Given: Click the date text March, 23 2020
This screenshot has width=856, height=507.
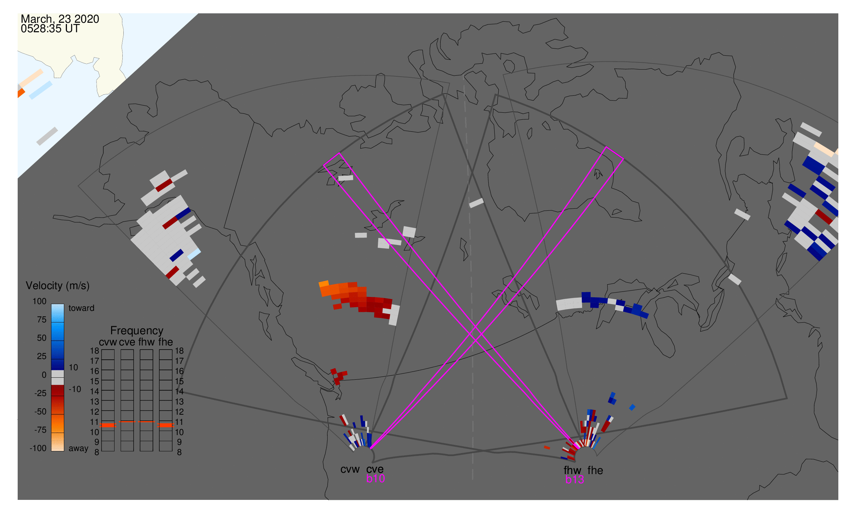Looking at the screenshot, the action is coord(60,19).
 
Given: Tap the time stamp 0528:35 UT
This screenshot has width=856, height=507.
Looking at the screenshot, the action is coord(50,29).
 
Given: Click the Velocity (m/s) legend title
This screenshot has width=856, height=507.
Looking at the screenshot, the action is coord(58,286).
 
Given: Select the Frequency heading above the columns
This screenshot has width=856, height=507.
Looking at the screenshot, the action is coord(137,331).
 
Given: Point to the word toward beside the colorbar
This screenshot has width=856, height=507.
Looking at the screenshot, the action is coord(82,308).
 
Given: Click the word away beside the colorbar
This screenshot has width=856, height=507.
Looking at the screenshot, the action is coord(78,449).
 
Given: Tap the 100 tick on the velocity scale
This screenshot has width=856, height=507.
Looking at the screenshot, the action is coord(39,301).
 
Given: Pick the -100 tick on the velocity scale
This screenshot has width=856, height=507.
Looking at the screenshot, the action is coord(38,448).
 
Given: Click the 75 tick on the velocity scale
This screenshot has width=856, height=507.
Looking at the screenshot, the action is coord(42,320).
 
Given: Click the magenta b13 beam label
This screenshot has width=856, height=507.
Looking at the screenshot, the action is coord(574,480).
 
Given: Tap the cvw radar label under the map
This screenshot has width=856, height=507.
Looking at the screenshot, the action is coord(350,470).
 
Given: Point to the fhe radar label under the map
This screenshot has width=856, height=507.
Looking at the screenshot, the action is coord(595,470).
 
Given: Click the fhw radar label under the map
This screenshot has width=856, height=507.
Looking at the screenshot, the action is coord(572,470).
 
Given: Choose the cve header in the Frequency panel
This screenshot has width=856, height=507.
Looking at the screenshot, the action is coord(127,342).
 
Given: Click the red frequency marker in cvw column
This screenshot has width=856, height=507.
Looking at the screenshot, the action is coord(108,425).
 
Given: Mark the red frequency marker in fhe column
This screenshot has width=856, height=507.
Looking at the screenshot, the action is coord(165,425).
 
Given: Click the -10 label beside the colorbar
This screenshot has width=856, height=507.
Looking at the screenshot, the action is coord(75,390).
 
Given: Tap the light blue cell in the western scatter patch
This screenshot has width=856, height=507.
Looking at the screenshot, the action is coord(194,254).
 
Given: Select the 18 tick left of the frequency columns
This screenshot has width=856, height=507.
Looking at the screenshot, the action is coord(94,351).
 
